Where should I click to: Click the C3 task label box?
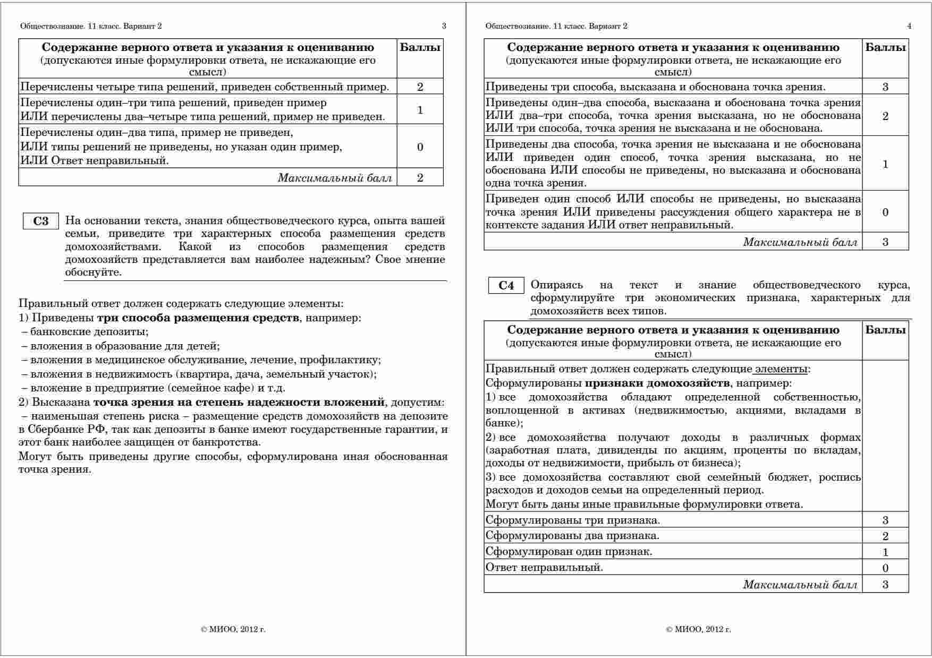pos(41,221)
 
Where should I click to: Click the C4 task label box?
pos(506,286)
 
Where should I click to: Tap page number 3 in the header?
pos(444,26)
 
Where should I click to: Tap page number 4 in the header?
pos(909,26)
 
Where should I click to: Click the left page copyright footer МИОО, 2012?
pos(233,629)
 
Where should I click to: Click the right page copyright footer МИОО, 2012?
pos(698,629)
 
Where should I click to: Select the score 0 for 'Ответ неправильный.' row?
pos(885,568)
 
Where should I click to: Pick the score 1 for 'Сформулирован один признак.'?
pos(885,552)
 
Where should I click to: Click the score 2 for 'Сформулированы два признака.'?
pos(885,536)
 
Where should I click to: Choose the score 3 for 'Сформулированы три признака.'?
pos(885,520)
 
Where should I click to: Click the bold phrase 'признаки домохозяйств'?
pos(657,383)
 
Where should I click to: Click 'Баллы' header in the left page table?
pos(420,48)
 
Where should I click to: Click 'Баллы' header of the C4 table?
pos(885,330)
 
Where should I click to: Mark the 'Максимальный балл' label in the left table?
pos(335,178)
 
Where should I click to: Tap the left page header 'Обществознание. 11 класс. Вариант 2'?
pos(91,26)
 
